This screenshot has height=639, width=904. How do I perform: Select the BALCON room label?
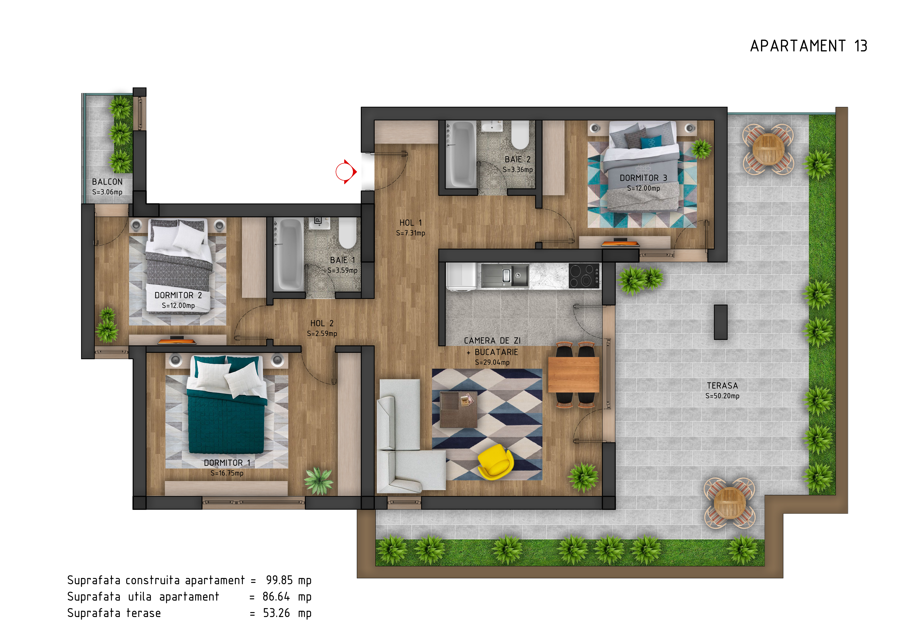(107, 182)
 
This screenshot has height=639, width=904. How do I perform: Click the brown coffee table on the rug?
(459, 409)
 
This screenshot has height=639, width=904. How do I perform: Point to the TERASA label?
(722, 386)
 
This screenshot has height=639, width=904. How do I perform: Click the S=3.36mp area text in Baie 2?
(517, 170)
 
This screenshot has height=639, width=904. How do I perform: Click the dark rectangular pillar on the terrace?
(721, 322)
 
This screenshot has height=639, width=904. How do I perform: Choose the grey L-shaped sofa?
(406, 441)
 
